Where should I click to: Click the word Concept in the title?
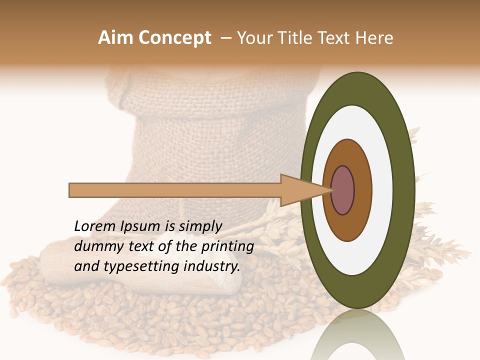[x=174, y=38]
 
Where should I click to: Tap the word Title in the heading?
[x=295, y=38]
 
